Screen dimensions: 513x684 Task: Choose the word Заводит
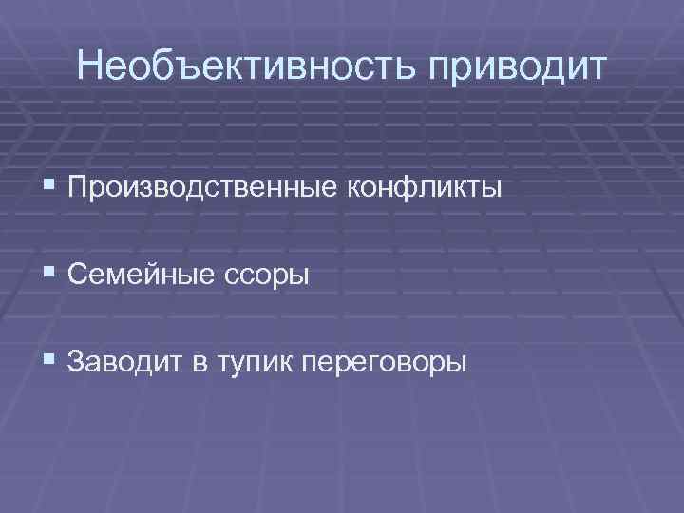pos(127,362)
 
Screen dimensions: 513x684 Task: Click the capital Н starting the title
pos(92,66)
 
